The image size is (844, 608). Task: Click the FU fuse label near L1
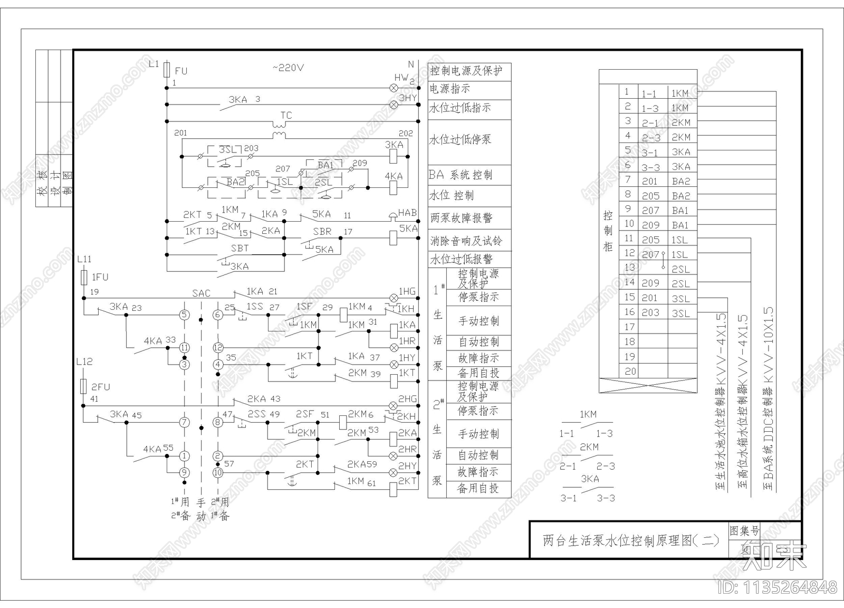[x=181, y=71]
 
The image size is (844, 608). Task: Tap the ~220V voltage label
[x=288, y=68]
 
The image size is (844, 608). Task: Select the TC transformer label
[x=286, y=115]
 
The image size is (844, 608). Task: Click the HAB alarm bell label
[x=407, y=213]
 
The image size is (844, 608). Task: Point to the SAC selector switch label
[x=201, y=293]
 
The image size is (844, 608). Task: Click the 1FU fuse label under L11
[x=100, y=277]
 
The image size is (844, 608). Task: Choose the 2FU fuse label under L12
[x=101, y=387]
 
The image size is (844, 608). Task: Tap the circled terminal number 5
[x=184, y=315]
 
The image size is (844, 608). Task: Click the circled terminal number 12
[x=218, y=348]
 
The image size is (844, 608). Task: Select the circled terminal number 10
[x=218, y=473]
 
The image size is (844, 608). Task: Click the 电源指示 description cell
[x=450, y=89]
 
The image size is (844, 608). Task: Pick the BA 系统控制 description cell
[x=460, y=175]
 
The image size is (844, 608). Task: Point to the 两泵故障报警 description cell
[x=461, y=217]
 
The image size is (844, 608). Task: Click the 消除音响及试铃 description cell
[x=466, y=241]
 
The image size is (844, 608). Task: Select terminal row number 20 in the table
[x=630, y=371]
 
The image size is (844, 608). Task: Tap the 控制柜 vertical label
[x=608, y=231]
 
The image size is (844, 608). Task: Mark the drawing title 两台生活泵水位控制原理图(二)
[x=631, y=540]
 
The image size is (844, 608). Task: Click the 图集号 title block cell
[x=744, y=530]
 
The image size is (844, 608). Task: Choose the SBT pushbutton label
[x=239, y=248]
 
